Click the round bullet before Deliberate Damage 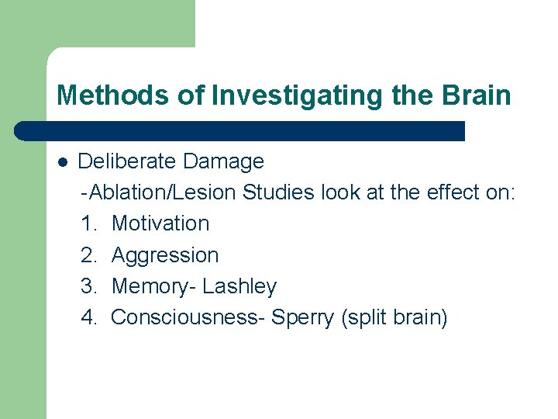(63, 162)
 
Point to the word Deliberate (128, 161)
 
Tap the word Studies (278, 192)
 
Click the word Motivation (160, 223)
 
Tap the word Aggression (165, 255)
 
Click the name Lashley (239, 286)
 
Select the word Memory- (153, 286)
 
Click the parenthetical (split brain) (394, 317)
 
